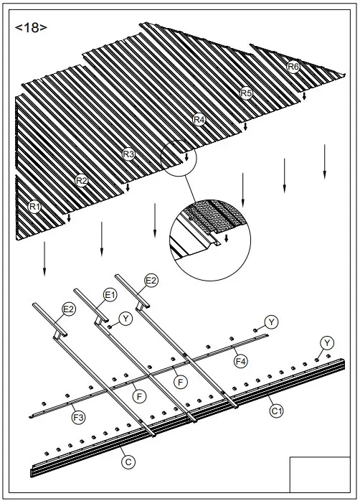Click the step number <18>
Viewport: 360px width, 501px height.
pyautogui.click(x=31, y=28)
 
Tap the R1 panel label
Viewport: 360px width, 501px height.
pyautogui.click(x=34, y=207)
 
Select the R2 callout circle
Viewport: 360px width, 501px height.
pyautogui.click(x=82, y=180)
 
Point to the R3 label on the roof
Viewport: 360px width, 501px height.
pyautogui.click(x=128, y=154)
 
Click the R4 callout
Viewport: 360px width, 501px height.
pyautogui.click(x=199, y=120)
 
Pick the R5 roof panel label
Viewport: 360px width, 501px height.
pyautogui.click(x=246, y=93)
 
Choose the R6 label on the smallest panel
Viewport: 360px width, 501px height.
pyautogui.click(x=293, y=67)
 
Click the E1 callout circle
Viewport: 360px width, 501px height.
pyautogui.click(x=110, y=294)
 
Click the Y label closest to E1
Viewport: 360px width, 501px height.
pyautogui.click(x=126, y=318)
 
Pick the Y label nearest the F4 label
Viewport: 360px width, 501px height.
pyautogui.click(x=272, y=321)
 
